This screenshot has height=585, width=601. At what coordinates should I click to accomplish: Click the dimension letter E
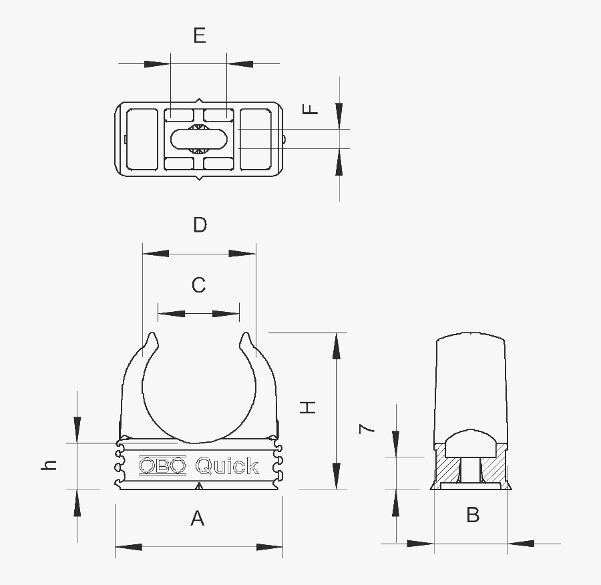(200, 35)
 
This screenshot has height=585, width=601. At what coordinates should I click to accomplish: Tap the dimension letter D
(200, 225)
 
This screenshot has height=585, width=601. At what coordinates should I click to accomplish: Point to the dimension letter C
(198, 285)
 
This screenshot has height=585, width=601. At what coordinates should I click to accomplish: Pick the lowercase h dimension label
(49, 465)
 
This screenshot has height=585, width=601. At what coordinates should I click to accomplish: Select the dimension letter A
(197, 518)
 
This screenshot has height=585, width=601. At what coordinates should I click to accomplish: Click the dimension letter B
(473, 515)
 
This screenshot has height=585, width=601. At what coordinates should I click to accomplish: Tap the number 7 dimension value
(367, 429)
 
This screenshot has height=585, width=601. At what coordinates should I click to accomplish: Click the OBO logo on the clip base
(162, 465)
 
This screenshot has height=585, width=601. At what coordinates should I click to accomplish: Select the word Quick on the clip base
(226, 465)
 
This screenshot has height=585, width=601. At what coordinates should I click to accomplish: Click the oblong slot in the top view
(199, 139)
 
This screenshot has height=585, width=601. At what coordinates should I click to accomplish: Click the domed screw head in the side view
(471, 443)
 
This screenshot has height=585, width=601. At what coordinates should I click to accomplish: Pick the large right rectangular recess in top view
(255, 139)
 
